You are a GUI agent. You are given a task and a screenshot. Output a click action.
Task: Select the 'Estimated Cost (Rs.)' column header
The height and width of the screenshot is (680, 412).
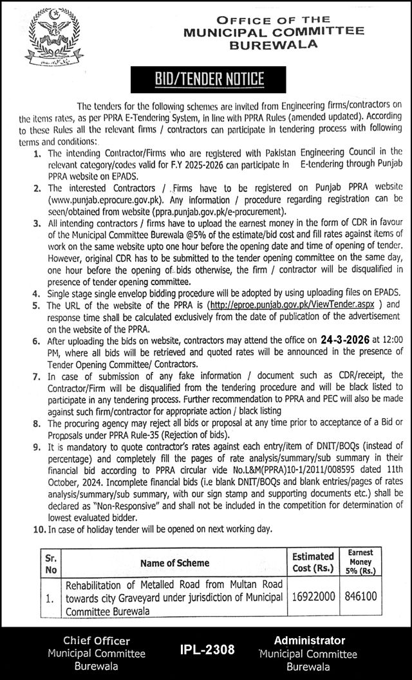[314, 562]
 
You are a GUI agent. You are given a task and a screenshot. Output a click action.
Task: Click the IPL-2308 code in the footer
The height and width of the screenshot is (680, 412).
[207, 650]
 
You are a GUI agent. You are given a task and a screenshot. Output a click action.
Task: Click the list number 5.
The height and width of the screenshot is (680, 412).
[39, 306]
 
